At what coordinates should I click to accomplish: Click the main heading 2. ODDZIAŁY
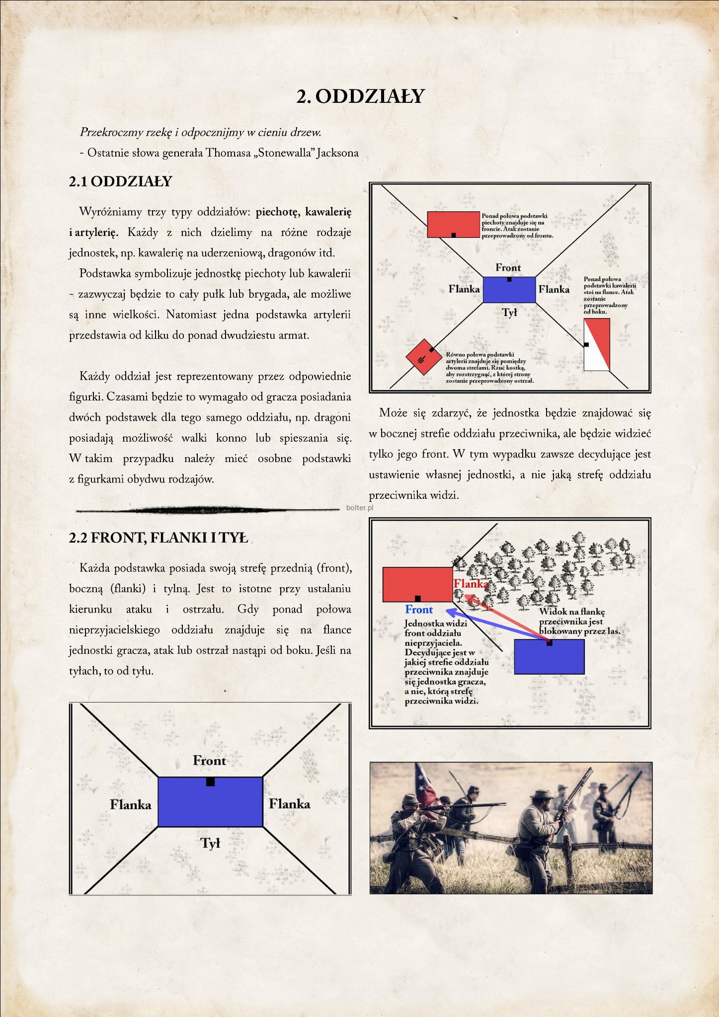(x=360, y=96)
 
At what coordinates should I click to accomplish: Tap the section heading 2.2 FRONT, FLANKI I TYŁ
(x=158, y=538)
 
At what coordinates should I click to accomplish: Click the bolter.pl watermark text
(x=360, y=508)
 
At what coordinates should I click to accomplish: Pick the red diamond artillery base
(x=422, y=357)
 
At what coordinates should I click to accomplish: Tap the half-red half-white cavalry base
(x=597, y=344)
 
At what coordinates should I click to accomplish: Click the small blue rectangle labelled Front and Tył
(x=509, y=290)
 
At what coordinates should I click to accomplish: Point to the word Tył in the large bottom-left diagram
(x=210, y=843)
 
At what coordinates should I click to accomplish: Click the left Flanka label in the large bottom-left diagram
(x=131, y=804)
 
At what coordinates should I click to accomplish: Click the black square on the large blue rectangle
(x=210, y=782)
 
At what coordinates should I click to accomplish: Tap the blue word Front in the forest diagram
(x=419, y=610)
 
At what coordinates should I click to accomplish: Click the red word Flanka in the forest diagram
(x=471, y=584)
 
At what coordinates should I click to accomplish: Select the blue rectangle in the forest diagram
(x=549, y=657)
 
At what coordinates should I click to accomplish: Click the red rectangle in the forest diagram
(x=417, y=584)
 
